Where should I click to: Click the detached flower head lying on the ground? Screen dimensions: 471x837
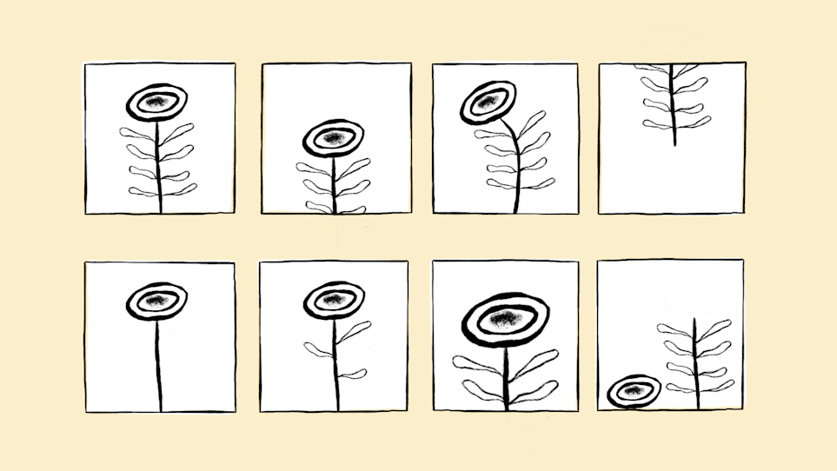point(634,391)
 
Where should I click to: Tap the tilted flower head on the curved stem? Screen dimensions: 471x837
point(488,103)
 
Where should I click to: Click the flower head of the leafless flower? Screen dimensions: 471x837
point(156,301)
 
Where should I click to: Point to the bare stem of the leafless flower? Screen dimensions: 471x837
point(158,365)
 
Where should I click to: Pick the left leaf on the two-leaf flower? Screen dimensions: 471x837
point(318,349)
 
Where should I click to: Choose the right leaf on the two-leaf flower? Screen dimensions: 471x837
point(352,374)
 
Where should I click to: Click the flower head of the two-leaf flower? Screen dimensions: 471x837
point(334,299)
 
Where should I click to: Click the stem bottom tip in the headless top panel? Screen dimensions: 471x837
point(674,143)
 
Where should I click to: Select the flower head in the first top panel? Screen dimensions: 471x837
point(156,103)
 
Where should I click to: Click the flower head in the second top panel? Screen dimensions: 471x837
point(334,138)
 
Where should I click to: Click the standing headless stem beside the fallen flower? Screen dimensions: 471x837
point(694,365)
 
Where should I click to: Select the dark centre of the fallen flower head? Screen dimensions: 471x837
point(634,391)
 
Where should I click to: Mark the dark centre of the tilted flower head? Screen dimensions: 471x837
point(488,103)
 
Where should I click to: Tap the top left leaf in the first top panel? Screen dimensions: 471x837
point(136,134)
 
